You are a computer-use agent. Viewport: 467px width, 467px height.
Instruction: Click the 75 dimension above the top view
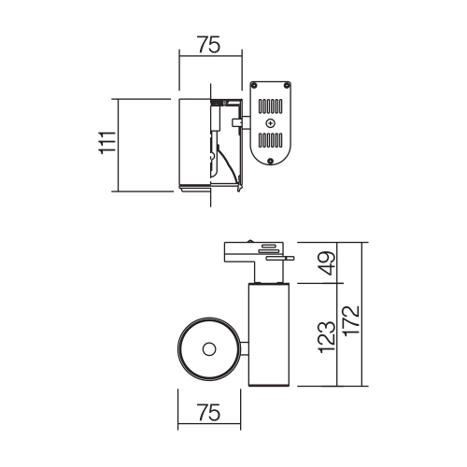coord(209,45)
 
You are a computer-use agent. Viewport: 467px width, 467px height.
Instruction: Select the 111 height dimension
coord(106,143)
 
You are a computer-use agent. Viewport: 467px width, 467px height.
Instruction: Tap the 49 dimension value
coord(328,263)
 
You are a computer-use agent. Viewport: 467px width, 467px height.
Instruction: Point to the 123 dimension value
coord(328,337)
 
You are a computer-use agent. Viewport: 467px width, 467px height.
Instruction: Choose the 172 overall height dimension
coord(352,320)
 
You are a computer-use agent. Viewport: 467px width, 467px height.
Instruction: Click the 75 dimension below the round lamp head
coord(209,412)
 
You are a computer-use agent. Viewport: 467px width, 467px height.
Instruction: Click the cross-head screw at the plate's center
coord(270,123)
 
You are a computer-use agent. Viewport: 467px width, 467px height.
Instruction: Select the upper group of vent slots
coord(270,106)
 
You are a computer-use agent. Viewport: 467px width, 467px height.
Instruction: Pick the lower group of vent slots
coord(270,140)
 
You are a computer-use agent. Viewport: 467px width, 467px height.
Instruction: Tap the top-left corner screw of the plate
coord(254,85)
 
